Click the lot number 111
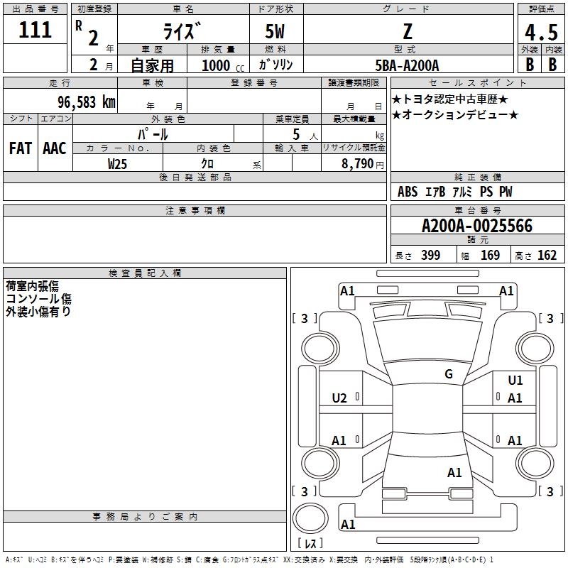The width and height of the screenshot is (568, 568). (x=35, y=30)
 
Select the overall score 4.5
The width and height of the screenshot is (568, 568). (x=541, y=32)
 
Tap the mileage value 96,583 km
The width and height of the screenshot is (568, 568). (x=87, y=102)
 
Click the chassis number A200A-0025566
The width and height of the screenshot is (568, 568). (x=477, y=226)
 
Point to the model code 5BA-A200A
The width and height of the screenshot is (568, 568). (x=407, y=65)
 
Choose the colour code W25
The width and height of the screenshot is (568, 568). (x=117, y=164)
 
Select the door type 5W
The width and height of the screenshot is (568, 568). (x=275, y=31)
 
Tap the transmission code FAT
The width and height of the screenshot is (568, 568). (x=21, y=148)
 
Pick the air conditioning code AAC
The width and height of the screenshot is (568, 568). (x=55, y=148)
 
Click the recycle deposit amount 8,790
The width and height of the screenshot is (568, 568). (x=358, y=164)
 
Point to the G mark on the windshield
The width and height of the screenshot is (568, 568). (x=449, y=373)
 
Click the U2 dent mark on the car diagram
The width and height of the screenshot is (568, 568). (x=339, y=398)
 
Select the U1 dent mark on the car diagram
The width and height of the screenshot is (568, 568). (x=515, y=381)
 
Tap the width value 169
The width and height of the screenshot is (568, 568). (x=490, y=255)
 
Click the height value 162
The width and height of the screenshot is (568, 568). (x=547, y=255)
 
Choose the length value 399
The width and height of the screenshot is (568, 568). (x=430, y=255)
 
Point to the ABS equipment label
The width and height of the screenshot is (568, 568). (x=407, y=192)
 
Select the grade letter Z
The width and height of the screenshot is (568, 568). (x=408, y=31)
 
